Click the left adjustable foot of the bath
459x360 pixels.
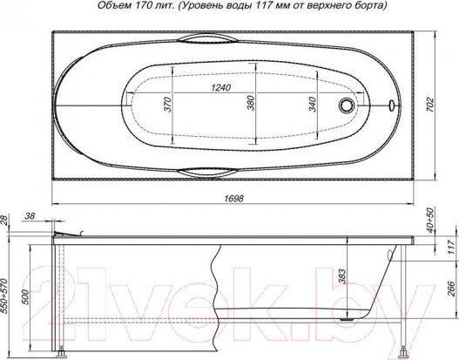tap(63, 354)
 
